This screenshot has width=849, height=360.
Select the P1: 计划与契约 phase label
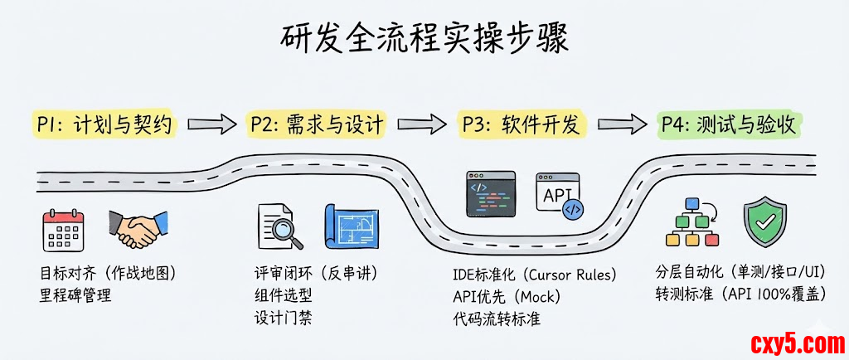pos(104,125)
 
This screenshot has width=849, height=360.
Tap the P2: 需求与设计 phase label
pos(317,125)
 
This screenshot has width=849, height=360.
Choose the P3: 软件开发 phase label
pos(523,125)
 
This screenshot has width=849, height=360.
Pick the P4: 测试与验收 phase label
pos(730,125)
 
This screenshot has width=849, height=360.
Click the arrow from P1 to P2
pos(211,125)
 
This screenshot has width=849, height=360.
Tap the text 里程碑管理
pos(75,294)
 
